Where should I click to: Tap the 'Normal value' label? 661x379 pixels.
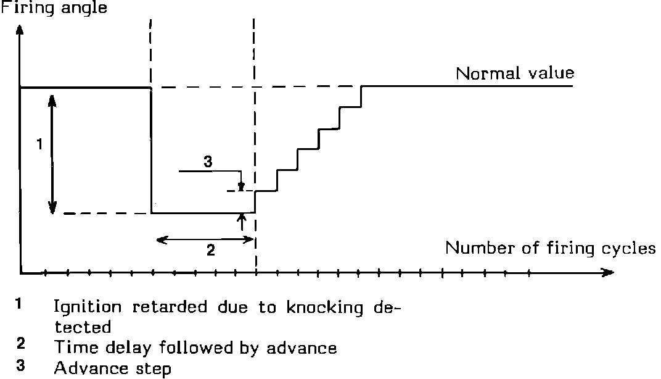point(515,73)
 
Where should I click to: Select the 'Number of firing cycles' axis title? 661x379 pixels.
point(550,249)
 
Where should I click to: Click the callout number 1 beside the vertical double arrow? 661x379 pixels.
point(39,144)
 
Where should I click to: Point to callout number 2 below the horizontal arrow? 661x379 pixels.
point(210,251)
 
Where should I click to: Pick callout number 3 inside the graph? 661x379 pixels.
point(208,162)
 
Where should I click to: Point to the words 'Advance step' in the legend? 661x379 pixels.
point(113,369)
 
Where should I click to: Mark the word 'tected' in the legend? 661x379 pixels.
point(83,327)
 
